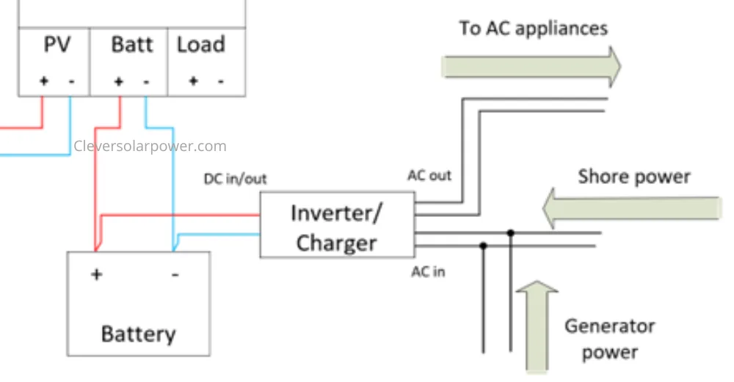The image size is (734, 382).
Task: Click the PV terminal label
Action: coord(57,45)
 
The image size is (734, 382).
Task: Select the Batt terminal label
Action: coord(132,45)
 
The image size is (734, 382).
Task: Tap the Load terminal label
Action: coord(201,45)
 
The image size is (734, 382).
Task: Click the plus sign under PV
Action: coord(44,81)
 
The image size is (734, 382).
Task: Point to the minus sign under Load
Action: coord(220,81)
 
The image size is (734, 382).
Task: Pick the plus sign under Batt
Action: coord(118,81)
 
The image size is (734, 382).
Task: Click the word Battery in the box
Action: coord(139,334)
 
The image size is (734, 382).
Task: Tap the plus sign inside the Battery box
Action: coord(96,274)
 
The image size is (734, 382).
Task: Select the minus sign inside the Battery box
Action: coord(175,275)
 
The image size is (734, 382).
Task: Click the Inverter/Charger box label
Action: coord(337,228)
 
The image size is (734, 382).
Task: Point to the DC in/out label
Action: coord(235,179)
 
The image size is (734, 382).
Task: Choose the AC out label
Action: coord(429,175)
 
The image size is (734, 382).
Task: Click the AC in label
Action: coord(428,272)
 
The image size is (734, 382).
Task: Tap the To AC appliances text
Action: coord(533,29)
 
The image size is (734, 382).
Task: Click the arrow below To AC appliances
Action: coord(531,67)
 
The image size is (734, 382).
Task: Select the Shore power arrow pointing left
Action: coord(632,208)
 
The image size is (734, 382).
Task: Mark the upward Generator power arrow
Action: coord(537,327)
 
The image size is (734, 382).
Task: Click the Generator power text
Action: coord(609,339)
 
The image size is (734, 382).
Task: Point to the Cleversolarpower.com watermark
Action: coord(150,147)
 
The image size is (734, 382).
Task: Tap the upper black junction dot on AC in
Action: coord(511,232)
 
